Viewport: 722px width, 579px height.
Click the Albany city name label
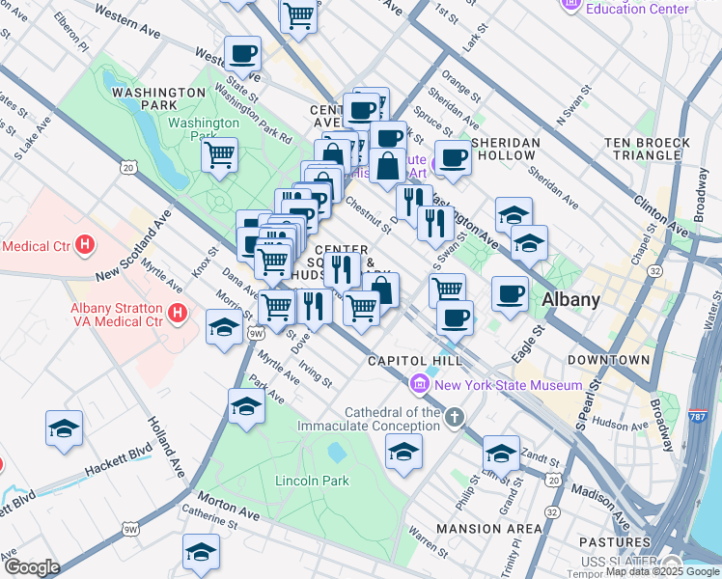pos(570,298)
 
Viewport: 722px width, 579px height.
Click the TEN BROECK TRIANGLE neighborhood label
pos(647,149)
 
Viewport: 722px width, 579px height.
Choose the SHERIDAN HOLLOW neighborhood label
pos(507,149)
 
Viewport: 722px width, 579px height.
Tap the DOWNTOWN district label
pos(608,360)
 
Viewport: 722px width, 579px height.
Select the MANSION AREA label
pos(489,528)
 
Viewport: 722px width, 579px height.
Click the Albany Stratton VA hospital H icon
pos(177,313)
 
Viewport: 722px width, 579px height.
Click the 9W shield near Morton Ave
pos(129,530)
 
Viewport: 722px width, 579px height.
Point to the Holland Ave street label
pos(166,445)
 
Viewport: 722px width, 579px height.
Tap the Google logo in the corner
pos(32,567)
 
